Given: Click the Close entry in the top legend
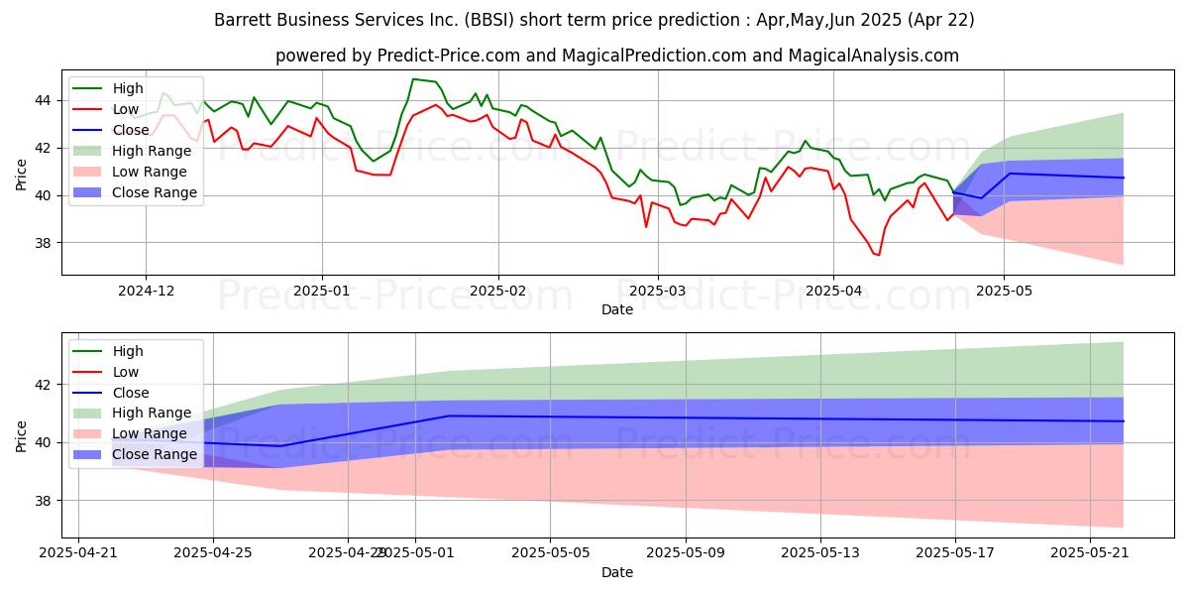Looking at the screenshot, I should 130,129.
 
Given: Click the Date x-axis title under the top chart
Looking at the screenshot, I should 616,309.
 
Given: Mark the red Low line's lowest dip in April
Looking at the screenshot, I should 878,255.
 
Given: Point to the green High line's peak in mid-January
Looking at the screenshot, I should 413,79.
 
